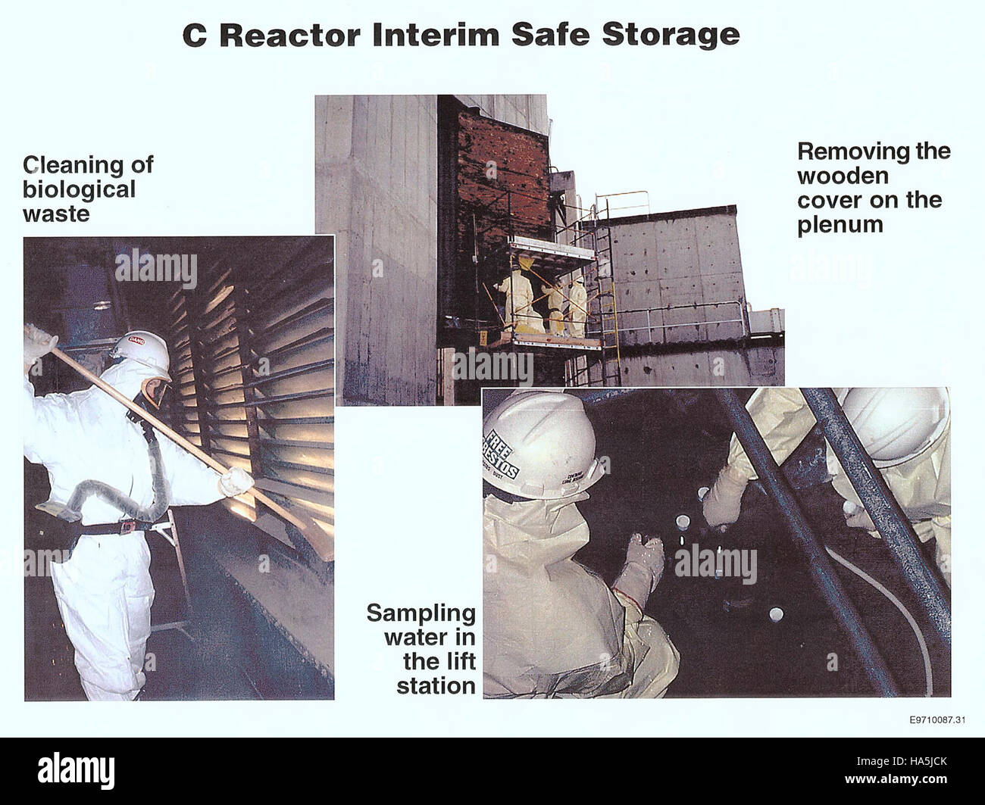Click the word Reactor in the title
[290, 35]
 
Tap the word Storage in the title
[671, 35]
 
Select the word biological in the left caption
[79, 189]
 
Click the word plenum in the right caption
[840, 225]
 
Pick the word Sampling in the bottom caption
[421, 613]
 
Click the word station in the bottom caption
[436, 686]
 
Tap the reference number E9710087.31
[937, 719]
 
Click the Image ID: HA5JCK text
[902, 761]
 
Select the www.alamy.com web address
[896, 778]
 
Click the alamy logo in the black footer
[76, 771]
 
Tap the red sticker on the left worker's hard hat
[137, 340]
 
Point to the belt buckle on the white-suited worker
[127, 527]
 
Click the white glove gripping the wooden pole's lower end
[236, 481]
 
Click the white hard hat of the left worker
[142, 348]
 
